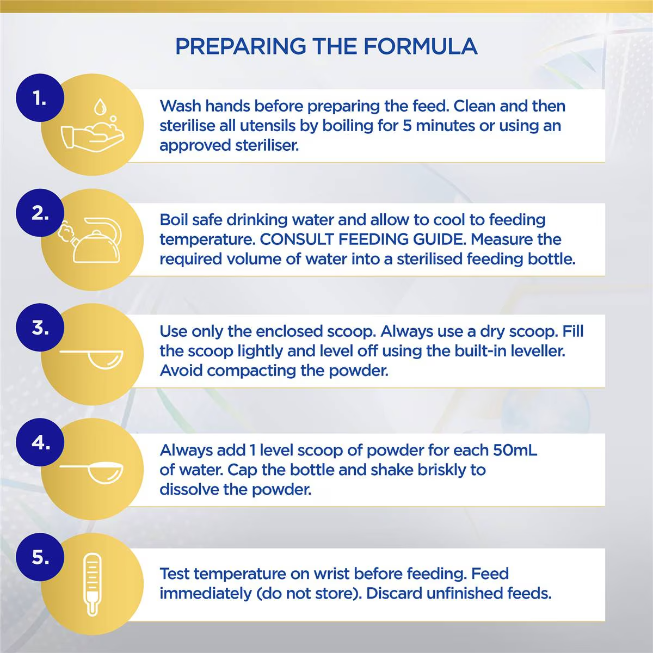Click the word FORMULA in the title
420,47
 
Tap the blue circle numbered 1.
40,98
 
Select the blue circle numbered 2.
40,213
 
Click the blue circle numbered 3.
40,328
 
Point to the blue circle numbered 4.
40,442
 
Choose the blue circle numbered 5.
40,557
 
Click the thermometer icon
93,584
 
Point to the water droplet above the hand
100,106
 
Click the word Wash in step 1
180,106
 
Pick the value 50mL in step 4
515,451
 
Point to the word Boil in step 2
173,220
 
